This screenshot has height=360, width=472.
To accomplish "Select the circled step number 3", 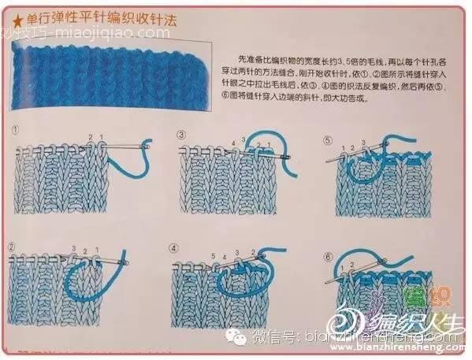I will [x=181, y=134].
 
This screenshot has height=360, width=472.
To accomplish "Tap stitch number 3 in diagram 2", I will [x=73, y=249].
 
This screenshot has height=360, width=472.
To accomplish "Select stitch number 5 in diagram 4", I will [x=214, y=255].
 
